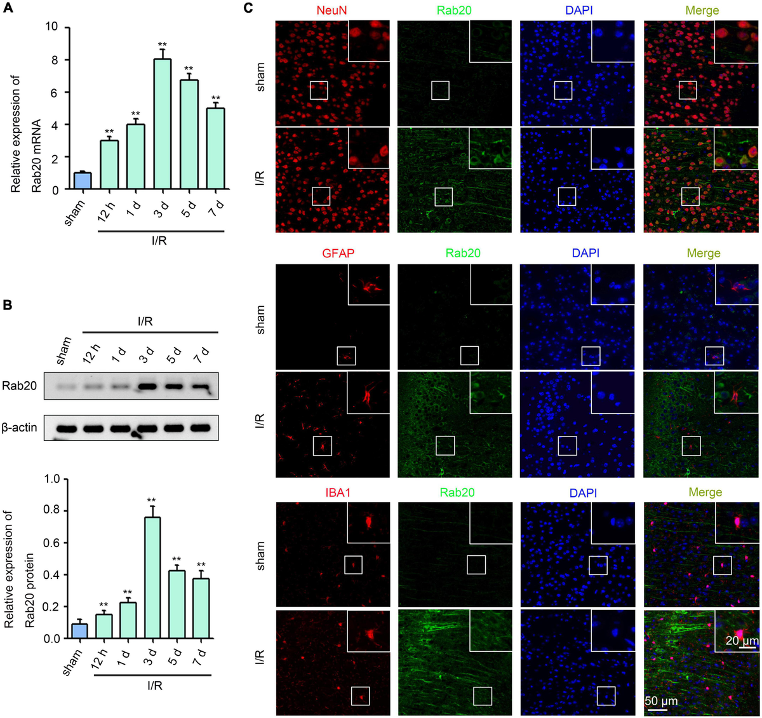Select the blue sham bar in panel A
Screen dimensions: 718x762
pos(83,181)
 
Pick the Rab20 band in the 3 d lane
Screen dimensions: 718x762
pos(147,386)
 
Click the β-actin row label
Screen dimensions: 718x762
pos(19,428)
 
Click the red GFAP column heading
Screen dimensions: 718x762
pos(338,253)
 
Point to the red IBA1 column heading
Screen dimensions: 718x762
pos(338,492)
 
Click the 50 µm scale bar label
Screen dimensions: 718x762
pos(661,701)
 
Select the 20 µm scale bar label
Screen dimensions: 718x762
pos(741,640)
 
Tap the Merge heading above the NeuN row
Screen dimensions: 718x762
pos(702,11)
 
